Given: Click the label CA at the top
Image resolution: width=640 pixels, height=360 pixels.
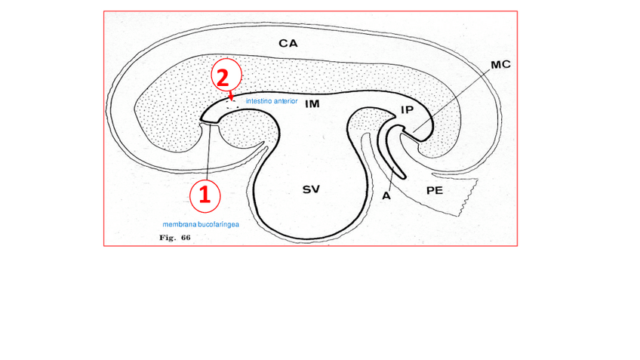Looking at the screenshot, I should tap(288, 44).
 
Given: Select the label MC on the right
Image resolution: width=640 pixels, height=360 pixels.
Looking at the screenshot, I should tap(500, 65).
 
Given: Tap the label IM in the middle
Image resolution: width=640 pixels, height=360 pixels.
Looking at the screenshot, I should tap(312, 105).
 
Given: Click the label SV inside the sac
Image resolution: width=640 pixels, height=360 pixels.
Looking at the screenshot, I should tap(311, 189).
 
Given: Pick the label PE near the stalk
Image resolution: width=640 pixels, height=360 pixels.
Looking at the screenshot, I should tap(434, 191).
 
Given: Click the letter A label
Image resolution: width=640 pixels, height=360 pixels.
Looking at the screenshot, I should tap(386, 195).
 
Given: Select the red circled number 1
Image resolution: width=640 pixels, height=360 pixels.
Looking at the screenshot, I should tap(204, 194).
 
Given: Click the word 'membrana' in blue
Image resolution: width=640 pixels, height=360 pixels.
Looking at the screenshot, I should tap(180, 225).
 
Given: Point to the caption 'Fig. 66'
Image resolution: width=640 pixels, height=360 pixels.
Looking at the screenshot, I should tap(174, 238).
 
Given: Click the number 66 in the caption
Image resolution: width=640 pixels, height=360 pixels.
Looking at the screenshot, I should tap(185, 238).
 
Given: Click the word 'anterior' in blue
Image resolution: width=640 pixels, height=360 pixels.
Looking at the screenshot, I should tap(285, 100).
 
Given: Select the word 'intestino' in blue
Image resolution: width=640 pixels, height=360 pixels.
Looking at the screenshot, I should tap(258, 100).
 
